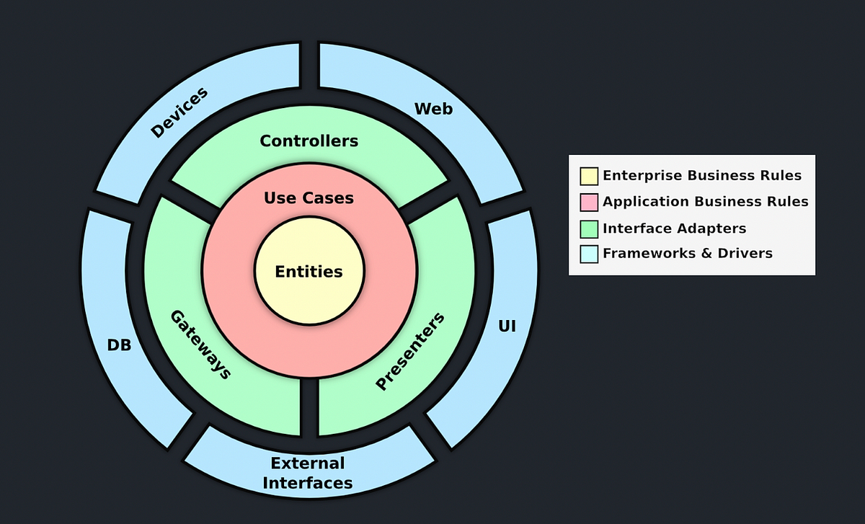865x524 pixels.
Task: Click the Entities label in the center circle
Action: click(x=309, y=272)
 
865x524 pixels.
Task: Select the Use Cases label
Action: click(x=309, y=197)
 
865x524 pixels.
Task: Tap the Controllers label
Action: click(x=309, y=141)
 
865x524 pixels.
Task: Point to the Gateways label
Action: click(x=200, y=345)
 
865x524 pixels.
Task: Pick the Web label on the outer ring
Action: click(x=433, y=109)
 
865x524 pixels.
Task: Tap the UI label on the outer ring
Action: click(x=507, y=326)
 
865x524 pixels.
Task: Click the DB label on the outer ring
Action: click(x=119, y=345)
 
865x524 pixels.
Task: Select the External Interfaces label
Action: click(x=308, y=473)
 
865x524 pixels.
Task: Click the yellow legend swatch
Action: click(x=589, y=176)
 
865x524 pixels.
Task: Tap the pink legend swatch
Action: click(x=589, y=202)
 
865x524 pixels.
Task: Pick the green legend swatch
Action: click(x=589, y=228)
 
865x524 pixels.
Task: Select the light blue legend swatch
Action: click(x=589, y=254)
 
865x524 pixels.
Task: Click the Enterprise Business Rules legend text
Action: click(x=701, y=175)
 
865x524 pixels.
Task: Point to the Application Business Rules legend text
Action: click(x=705, y=202)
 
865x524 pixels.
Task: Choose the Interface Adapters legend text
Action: click(x=674, y=228)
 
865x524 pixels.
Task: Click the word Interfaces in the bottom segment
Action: click(x=308, y=483)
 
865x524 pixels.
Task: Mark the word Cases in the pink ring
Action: click(x=329, y=197)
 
